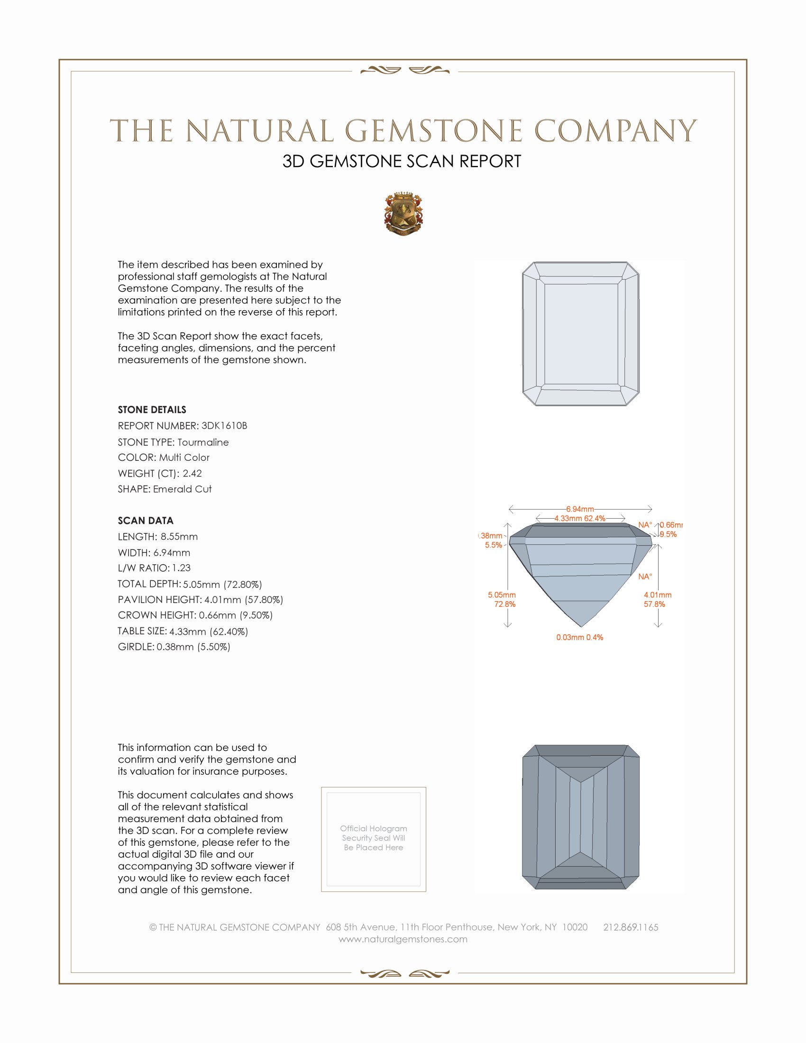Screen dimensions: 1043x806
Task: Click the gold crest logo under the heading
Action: tap(403, 214)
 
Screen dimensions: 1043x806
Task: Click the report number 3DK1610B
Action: tap(224, 426)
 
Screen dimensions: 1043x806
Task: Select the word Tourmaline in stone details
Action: tap(203, 442)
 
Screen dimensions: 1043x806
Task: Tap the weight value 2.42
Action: tap(192, 473)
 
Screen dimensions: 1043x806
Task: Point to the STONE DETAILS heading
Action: tap(152, 410)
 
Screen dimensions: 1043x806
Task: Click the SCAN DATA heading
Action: tap(146, 521)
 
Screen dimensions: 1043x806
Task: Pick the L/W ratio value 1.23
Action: tap(182, 568)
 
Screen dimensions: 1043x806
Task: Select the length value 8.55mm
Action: tap(179, 536)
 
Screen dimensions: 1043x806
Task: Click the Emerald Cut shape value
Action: tap(182, 489)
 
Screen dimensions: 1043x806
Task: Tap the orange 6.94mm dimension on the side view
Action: tap(580, 509)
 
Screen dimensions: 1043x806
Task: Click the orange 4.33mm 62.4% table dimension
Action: tap(580, 518)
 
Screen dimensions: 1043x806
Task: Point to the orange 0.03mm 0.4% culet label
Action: tap(580, 638)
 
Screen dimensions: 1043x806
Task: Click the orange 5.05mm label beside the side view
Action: tap(501, 595)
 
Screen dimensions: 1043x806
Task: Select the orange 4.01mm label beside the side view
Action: tap(658, 595)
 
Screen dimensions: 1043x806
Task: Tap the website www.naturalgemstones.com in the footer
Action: tap(403, 939)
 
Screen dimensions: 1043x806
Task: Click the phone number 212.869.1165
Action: tap(631, 927)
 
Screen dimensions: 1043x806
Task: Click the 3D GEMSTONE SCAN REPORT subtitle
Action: tap(402, 161)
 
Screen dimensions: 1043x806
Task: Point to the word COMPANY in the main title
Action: tap(615, 131)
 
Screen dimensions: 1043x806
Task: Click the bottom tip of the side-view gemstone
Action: tap(581, 626)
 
